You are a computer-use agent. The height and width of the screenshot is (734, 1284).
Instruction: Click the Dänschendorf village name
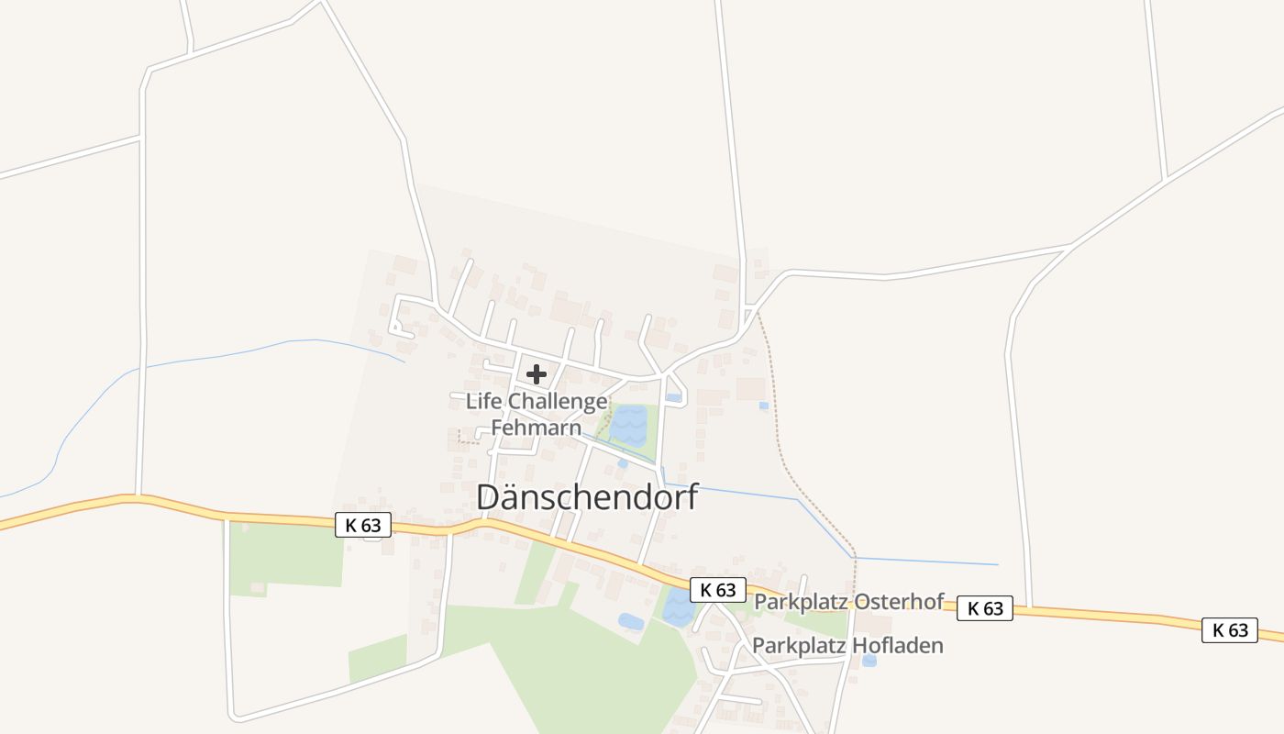click(x=587, y=497)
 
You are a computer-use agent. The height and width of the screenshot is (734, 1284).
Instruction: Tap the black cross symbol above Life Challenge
click(x=537, y=374)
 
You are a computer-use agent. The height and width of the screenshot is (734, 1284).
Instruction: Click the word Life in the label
click(x=483, y=402)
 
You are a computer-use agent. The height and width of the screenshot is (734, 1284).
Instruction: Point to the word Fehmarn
click(x=537, y=428)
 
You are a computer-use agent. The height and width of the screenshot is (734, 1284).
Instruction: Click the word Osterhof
click(x=899, y=602)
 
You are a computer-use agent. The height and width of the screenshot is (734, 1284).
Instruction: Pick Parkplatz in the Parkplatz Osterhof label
click(x=801, y=602)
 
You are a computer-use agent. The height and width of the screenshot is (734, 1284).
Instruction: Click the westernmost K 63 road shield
click(x=363, y=525)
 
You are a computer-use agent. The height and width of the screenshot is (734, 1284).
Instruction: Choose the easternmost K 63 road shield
click(x=1230, y=629)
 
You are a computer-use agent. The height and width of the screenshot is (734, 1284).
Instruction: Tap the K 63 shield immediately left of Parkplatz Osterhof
click(x=717, y=590)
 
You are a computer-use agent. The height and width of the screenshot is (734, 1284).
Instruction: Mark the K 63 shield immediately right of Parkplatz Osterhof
click(x=985, y=608)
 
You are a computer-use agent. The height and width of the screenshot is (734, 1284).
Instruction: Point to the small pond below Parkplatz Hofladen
click(x=869, y=661)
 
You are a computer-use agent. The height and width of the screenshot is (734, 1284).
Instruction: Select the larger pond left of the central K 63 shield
click(x=679, y=608)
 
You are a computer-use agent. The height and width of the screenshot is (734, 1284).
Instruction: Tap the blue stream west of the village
click(x=229, y=353)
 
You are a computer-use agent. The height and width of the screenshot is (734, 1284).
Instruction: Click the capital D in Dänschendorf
click(x=488, y=497)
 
